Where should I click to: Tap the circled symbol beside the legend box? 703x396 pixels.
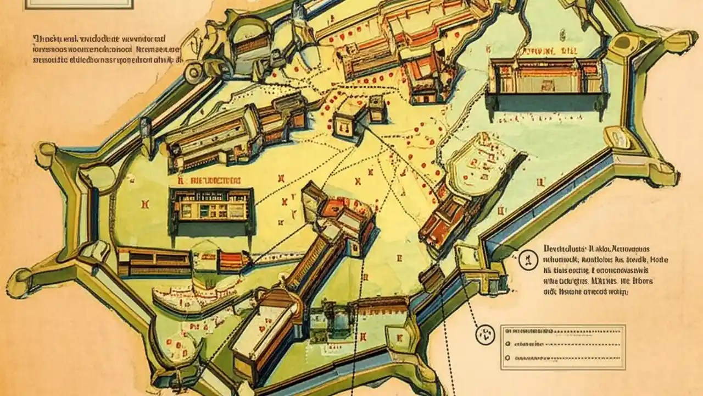[485, 333]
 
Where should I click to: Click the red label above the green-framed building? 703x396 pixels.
[209, 180]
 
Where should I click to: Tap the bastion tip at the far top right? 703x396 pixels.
[681, 41]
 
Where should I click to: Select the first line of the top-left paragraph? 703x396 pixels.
[99, 40]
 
